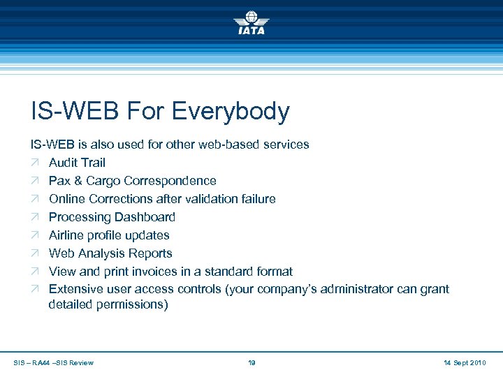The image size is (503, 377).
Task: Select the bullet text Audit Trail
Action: tap(77, 163)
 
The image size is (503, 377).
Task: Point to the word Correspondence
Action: tap(174, 181)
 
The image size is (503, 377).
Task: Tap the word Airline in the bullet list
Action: tap(68, 235)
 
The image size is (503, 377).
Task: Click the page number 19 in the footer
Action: tap(251, 362)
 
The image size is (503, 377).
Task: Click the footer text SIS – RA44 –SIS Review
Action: tap(54, 362)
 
